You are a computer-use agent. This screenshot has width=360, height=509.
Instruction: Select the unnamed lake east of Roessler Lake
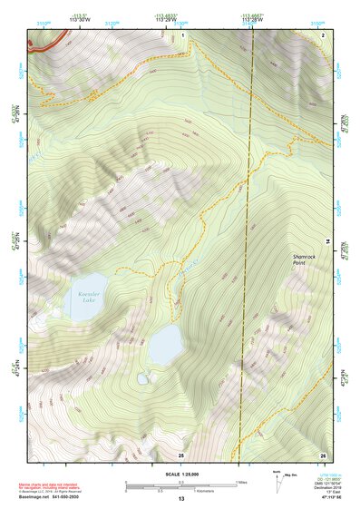point(165,346)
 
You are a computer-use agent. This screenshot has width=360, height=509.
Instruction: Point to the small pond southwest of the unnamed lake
point(142,379)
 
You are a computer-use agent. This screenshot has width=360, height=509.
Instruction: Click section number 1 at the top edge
point(182,34)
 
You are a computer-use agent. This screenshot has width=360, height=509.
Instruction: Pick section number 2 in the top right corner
point(322,34)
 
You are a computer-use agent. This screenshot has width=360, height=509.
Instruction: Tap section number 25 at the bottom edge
point(180,454)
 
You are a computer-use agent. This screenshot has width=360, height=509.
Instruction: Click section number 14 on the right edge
point(327,240)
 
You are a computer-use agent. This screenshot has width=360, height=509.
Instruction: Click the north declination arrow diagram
point(277,478)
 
